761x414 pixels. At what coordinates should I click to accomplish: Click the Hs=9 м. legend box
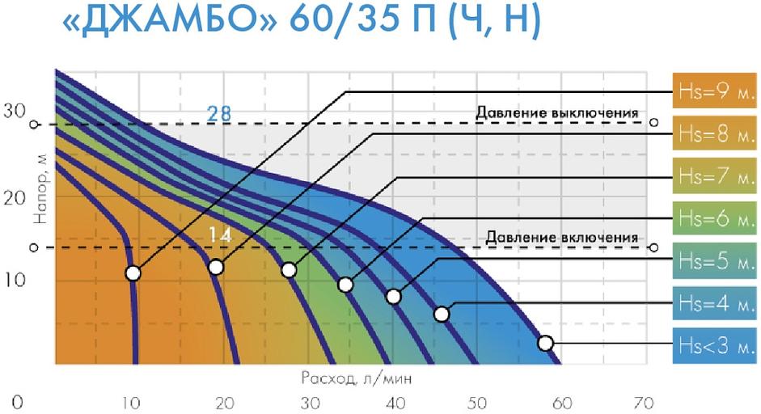pyautogui.click(x=714, y=91)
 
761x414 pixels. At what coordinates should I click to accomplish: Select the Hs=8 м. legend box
pyautogui.click(x=714, y=133)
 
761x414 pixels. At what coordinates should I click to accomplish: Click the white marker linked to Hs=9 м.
pyautogui.click(x=133, y=273)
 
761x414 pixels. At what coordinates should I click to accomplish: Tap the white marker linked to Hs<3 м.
pyautogui.click(x=545, y=343)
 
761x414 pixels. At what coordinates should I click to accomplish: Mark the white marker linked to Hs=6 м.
pyautogui.click(x=345, y=285)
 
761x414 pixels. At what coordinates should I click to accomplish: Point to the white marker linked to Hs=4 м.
pyautogui.click(x=442, y=314)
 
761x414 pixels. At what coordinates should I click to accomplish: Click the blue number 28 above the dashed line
pyautogui.click(x=218, y=113)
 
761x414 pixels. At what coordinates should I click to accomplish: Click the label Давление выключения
pyautogui.click(x=557, y=112)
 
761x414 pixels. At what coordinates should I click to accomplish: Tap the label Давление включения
pyautogui.click(x=562, y=238)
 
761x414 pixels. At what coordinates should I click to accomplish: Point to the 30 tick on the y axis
pyautogui.click(x=15, y=112)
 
